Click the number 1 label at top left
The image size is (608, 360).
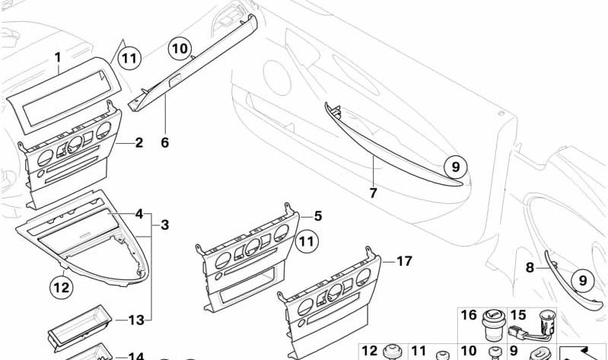click(x=56, y=57)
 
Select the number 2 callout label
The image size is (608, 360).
click(x=138, y=142)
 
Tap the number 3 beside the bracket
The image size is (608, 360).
click(x=165, y=225)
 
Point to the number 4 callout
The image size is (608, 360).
click(x=138, y=215)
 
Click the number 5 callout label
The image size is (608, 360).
click(x=318, y=216)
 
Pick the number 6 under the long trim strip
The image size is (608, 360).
click(x=164, y=142)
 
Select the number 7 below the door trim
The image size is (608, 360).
click(x=373, y=193)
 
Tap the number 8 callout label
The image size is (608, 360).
click(x=530, y=267)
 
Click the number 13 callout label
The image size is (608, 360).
click(x=135, y=320)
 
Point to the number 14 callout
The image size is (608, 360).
click(x=135, y=356)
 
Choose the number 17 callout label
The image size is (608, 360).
click(x=403, y=261)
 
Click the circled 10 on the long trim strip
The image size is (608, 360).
click(x=179, y=49)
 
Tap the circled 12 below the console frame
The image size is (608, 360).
click(x=61, y=287)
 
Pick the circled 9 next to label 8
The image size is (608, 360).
click(x=582, y=280)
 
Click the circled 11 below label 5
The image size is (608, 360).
click(x=306, y=242)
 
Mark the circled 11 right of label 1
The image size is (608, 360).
click(x=130, y=56)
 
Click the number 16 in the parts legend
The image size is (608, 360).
click(x=469, y=315)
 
